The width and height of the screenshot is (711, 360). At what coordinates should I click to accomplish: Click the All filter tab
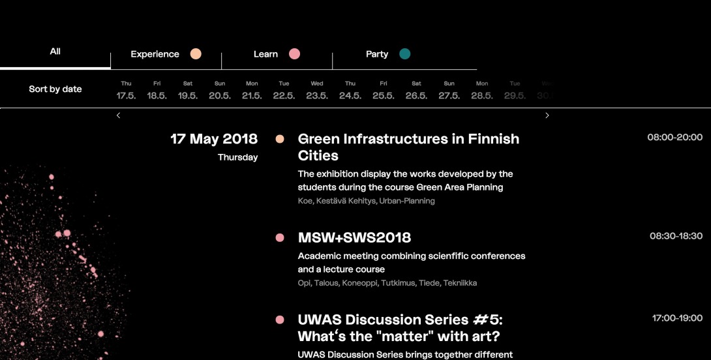click(55, 52)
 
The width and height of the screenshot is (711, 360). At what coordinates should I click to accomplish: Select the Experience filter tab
click(155, 54)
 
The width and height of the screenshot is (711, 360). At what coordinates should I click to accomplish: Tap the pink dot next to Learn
click(294, 54)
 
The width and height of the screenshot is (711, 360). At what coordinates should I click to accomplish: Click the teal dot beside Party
click(405, 54)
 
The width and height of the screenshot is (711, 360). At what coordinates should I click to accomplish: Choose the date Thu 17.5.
click(126, 90)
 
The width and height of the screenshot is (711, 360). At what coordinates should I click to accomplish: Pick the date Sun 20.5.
click(220, 90)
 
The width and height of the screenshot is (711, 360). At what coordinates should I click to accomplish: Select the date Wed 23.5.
click(317, 90)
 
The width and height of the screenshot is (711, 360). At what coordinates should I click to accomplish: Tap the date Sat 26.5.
click(416, 90)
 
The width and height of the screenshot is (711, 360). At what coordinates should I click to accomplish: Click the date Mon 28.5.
click(482, 90)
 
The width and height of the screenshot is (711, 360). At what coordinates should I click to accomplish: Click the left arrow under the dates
click(118, 115)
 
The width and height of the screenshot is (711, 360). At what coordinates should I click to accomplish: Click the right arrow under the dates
click(547, 115)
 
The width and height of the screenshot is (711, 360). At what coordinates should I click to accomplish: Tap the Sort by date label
click(55, 89)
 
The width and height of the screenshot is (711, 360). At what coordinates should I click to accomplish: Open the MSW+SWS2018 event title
click(354, 237)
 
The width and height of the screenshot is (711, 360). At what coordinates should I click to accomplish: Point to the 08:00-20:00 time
click(674, 138)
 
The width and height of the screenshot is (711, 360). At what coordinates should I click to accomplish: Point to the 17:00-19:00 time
click(677, 318)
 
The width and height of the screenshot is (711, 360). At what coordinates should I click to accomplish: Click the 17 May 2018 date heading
click(214, 139)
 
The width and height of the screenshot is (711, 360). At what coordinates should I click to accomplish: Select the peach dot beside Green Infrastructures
click(280, 139)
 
